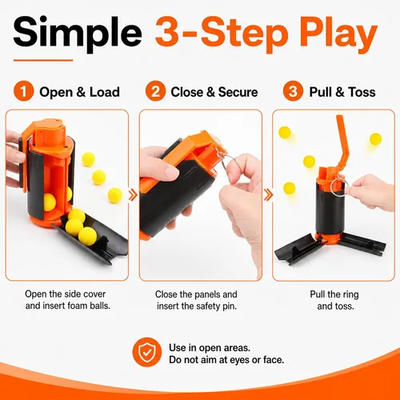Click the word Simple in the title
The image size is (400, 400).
tap(78, 34)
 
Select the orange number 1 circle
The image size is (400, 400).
tap(24, 91)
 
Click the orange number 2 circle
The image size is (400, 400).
tap(155, 91)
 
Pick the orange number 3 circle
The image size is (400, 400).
tap(293, 91)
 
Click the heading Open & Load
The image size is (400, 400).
tap(79, 92)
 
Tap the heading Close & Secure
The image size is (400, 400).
tap(214, 92)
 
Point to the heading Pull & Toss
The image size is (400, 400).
tap(342, 92)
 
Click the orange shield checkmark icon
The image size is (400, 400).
tap(147, 352)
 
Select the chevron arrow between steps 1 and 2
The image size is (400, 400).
tap(133, 195)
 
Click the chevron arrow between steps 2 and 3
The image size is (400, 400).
tap(268, 194)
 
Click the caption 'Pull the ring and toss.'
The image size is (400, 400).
tap(334, 300)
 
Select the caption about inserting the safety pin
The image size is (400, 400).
tap(196, 300)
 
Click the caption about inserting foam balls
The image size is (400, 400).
tap(68, 300)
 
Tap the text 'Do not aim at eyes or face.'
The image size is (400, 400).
tap(226, 360)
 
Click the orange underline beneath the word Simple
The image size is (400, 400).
tap(43, 60)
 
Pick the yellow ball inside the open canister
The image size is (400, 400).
tap(50, 202)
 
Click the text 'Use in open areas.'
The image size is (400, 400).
tap(210, 348)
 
